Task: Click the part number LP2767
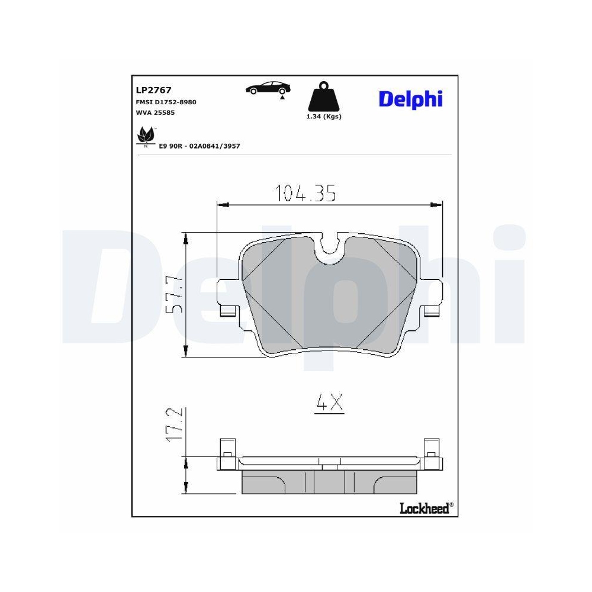[153, 91]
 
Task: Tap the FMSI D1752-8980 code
[166, 102]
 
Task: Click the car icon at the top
[268, 88]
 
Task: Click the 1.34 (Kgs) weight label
[323, 117]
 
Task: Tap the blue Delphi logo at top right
[410, 99]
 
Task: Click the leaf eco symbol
[144, 136]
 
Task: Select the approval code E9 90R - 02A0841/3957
[198, 146]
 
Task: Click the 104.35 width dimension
[306, 193]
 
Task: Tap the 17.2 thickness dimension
[173, 424]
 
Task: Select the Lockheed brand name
[424, 508]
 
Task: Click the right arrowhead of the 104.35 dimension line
[437, 205]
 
